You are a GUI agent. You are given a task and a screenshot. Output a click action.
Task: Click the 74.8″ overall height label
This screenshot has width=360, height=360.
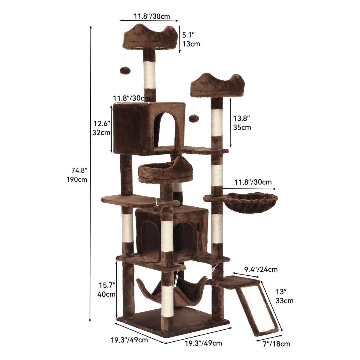[77, 175]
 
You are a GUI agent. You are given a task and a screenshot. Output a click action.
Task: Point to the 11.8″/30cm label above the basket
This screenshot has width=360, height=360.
[253, 182]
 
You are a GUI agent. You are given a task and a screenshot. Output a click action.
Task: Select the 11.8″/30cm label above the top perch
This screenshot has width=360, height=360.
[151, 16]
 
